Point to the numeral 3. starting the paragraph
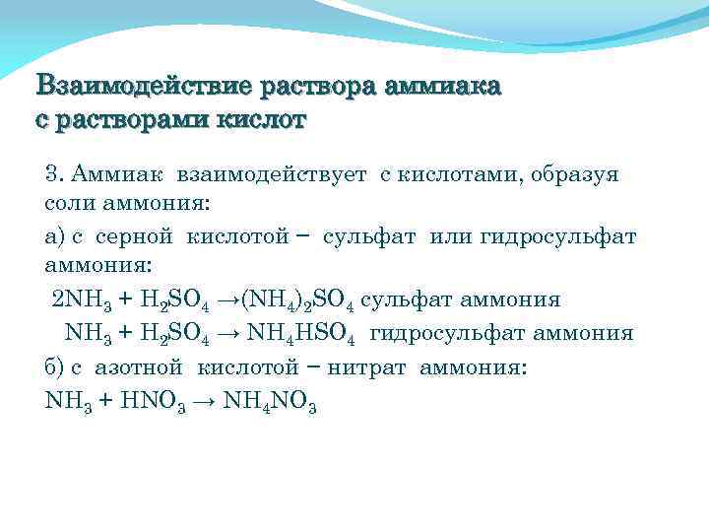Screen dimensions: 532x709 tap(55, 174)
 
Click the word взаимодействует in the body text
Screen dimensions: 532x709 tap(272, 174)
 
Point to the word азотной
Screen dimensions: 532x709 tap(139, 366)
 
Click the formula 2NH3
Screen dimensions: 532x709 tap(83, 301)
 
